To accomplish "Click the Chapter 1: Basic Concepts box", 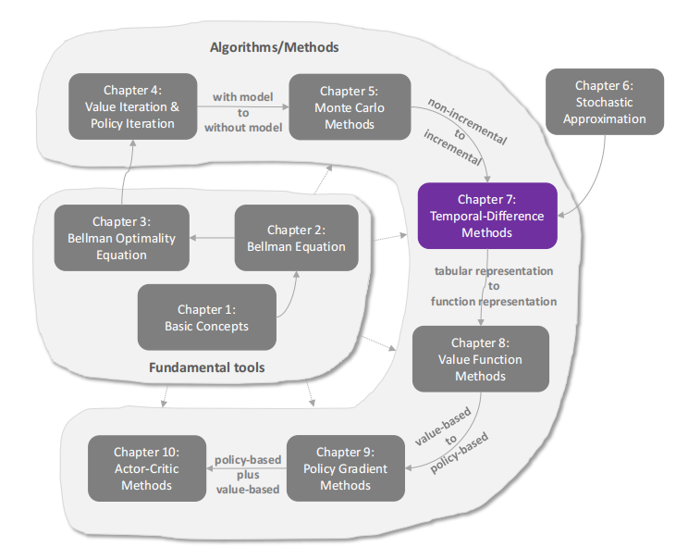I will tap(207, 317).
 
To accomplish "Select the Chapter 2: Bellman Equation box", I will tap(296, 238).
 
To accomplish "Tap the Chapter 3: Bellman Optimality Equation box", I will tap(121, 238).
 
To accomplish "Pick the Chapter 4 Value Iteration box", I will tap(133, 106).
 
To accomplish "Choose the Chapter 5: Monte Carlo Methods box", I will tap(350, 106).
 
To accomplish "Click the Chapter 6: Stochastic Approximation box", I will tap(605, 102).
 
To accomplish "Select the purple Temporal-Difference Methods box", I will tap(486, 216).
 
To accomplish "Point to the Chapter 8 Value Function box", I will tap(480, 359).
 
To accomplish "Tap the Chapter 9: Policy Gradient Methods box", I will tap(345, 468).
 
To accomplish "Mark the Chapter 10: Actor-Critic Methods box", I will tap(146, 468).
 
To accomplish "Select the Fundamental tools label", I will tap(206, 367).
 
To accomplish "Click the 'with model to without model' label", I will tap(243, 111).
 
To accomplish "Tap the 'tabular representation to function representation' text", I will tap(494, 286).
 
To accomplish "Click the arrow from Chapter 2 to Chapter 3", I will tap(212, 238).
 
